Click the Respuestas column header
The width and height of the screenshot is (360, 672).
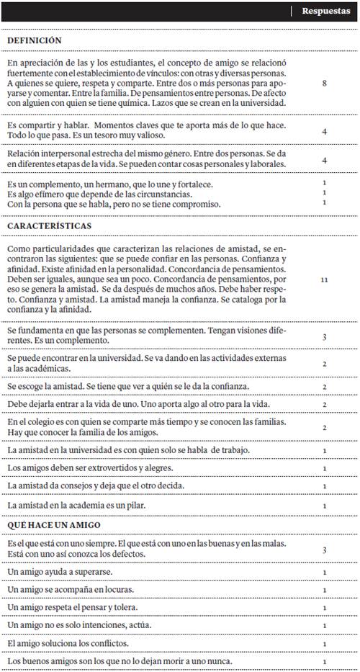pos(325,11)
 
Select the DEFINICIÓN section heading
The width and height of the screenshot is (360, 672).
pos(35,41)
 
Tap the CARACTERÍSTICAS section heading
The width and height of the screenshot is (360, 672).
pos(50,225)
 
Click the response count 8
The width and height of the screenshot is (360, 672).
pos(325,84)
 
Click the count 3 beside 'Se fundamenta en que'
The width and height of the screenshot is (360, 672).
pos(325,336)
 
